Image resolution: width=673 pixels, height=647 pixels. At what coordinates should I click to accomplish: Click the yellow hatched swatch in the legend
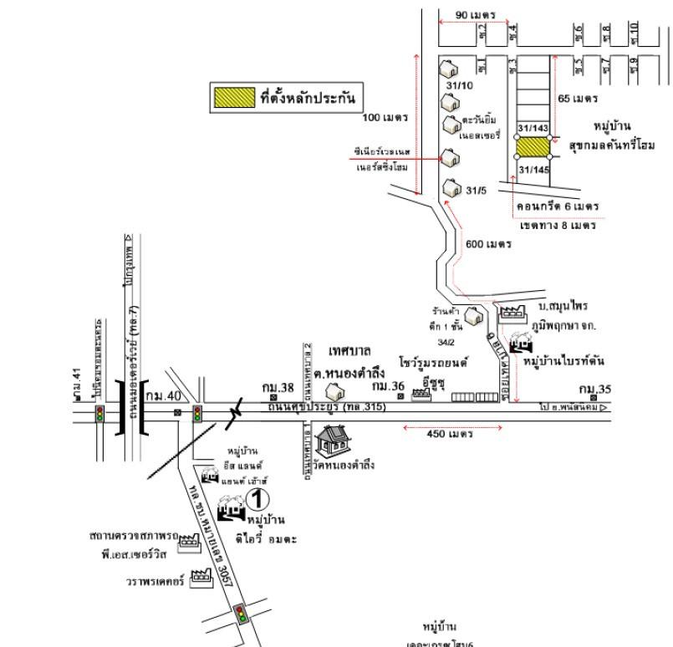click(232, 98)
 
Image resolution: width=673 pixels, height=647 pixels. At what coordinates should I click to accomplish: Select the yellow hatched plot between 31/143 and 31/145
click(533, 148)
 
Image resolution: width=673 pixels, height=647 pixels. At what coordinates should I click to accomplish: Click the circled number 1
click(258, 500)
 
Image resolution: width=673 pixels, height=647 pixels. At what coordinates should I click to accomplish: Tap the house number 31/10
click(459, 85)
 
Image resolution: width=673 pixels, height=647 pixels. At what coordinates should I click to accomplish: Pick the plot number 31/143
click(533, 128)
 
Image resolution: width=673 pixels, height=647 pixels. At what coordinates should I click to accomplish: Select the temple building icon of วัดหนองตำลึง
click(328, 438)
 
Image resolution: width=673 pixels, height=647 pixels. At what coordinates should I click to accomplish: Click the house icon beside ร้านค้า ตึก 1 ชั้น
click(473, 316)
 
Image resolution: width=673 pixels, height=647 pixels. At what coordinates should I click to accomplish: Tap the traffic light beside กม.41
click(100, 414)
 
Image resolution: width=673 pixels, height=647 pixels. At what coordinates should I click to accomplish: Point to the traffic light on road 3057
click(242, 614)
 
